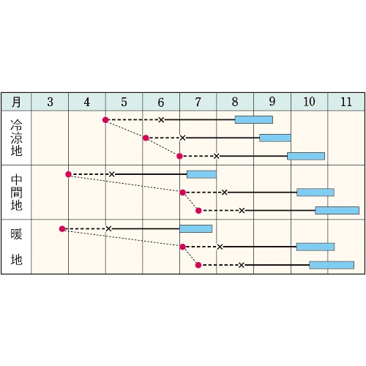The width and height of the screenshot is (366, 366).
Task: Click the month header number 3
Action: click(x=51, y=102)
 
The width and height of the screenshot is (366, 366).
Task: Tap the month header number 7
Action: click(x=198, y=102)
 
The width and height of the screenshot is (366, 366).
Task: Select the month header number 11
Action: click(x=346, y=102)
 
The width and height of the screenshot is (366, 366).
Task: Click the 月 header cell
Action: click(x=16, y=102)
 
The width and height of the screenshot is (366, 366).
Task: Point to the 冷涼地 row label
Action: click(x=16, y=138)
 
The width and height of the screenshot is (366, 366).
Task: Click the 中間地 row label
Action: click(x=16, y=193)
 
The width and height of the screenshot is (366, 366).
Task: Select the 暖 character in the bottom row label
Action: click(x=16, y=234)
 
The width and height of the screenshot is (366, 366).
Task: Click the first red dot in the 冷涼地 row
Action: click(x=105, y=120)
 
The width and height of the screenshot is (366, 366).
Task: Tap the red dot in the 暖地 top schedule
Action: click(x=62, y=229)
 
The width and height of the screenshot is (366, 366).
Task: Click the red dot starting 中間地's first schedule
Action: click(x=69, y=174)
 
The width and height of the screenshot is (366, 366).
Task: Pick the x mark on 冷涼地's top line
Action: click(x=161, y=120)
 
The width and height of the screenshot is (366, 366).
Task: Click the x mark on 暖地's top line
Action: click(x=108, y=229)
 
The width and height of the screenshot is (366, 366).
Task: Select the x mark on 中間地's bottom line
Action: click(x=242, y=211)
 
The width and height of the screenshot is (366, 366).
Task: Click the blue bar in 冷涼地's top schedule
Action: click(x=254, y=120)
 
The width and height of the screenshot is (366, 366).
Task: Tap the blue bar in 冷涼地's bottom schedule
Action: click(x=306, y=156)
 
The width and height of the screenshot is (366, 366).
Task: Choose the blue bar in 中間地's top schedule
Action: click(x=201, y=174)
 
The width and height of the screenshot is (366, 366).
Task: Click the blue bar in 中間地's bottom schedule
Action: click(x=337, y=211)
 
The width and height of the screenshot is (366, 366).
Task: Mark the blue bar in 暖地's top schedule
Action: click(x=196, y=229)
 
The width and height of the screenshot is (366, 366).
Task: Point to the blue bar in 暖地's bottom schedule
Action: click(x=332, y=265)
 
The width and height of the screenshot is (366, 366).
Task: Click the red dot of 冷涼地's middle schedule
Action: click(x=146, y=138)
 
